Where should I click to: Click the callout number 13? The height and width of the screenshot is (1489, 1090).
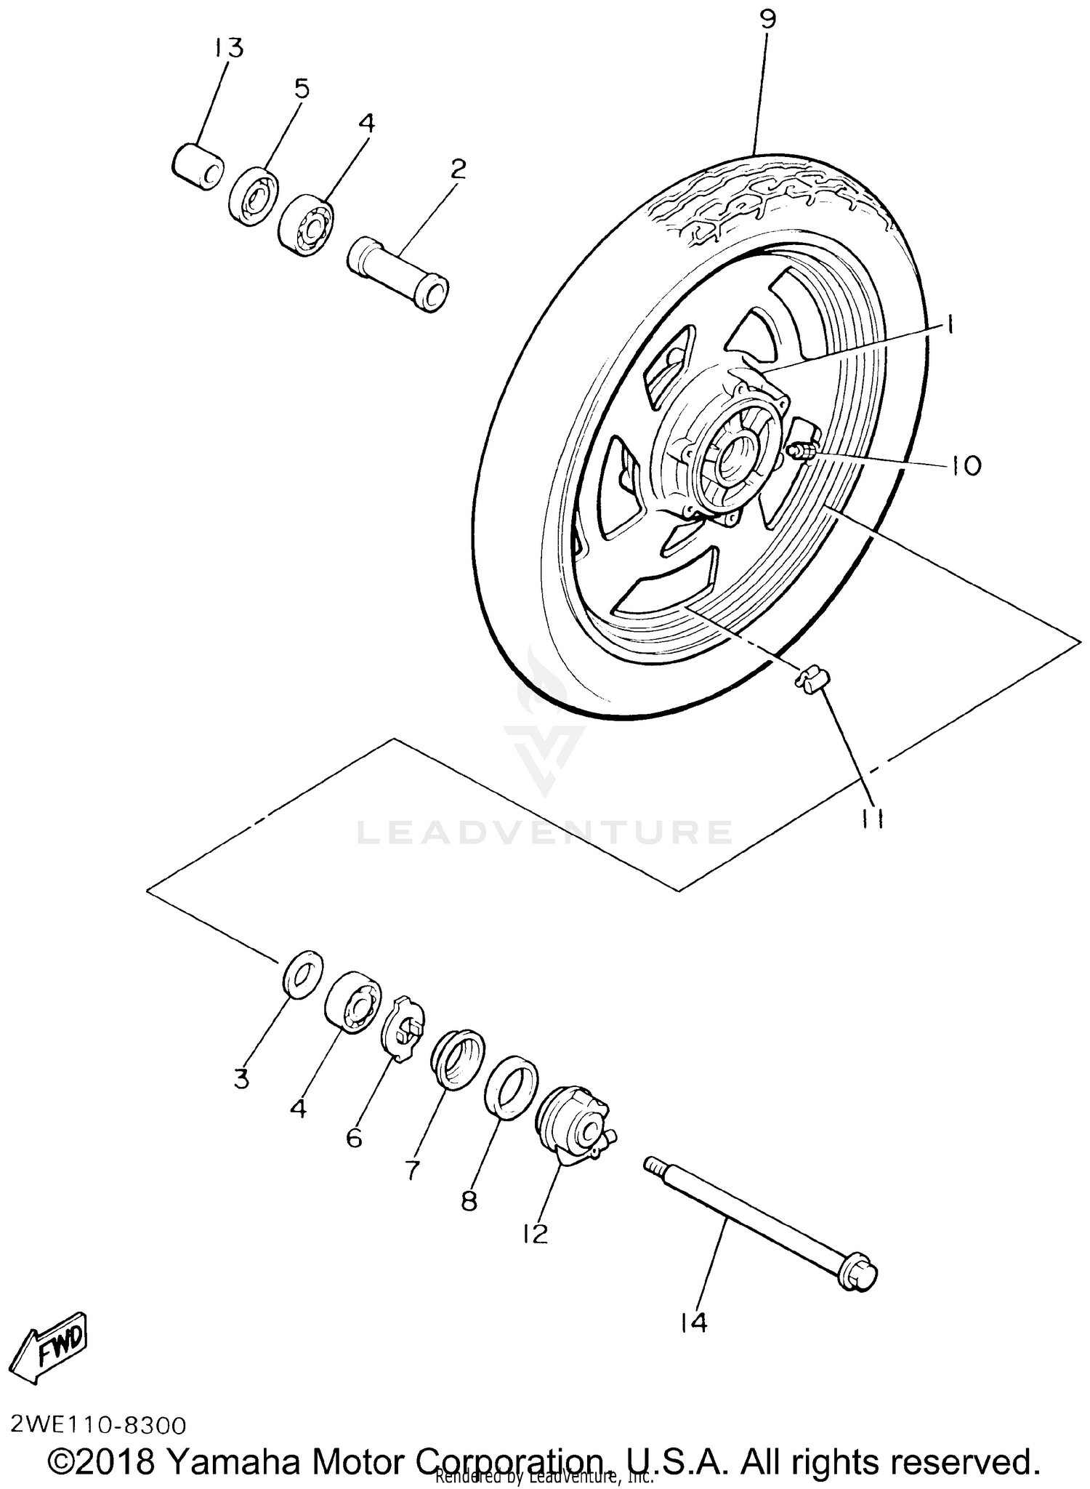pos(228,48)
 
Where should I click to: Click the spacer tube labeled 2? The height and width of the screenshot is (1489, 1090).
pos(399,273)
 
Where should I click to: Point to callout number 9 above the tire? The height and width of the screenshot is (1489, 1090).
pos(768,20)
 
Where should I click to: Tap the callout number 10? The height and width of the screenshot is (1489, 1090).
pos(966,465)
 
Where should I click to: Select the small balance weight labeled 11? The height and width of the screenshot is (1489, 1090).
pos(812,682)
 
